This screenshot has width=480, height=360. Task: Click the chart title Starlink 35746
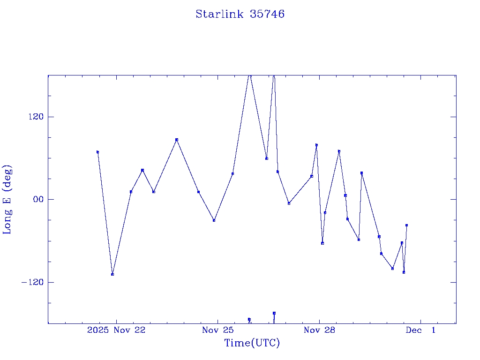coord(240,14)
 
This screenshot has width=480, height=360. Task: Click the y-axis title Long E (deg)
coord(7,199)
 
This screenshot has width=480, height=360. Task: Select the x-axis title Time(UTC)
coord(252,343)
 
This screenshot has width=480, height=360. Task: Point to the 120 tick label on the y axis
coord(35,117)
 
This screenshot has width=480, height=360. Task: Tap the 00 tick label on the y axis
coord(37,199)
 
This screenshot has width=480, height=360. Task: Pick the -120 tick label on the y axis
coord(32,282)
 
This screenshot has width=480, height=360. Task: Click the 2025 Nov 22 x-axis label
coord(116,330)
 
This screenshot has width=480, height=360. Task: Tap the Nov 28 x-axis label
coord(319,330)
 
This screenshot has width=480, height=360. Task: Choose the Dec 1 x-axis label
coord(420,330)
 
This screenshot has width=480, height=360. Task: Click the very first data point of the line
coord(97,152)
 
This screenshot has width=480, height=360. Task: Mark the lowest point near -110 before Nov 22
coord(112,274)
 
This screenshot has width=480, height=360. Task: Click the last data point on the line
coord(406,225)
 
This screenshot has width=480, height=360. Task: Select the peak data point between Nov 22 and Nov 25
coord(176,140)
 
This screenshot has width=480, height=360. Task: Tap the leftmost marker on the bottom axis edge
coord(249,319)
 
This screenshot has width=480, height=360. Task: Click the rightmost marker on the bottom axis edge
coord(274,313)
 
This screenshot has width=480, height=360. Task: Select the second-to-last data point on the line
coord(404,272)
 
